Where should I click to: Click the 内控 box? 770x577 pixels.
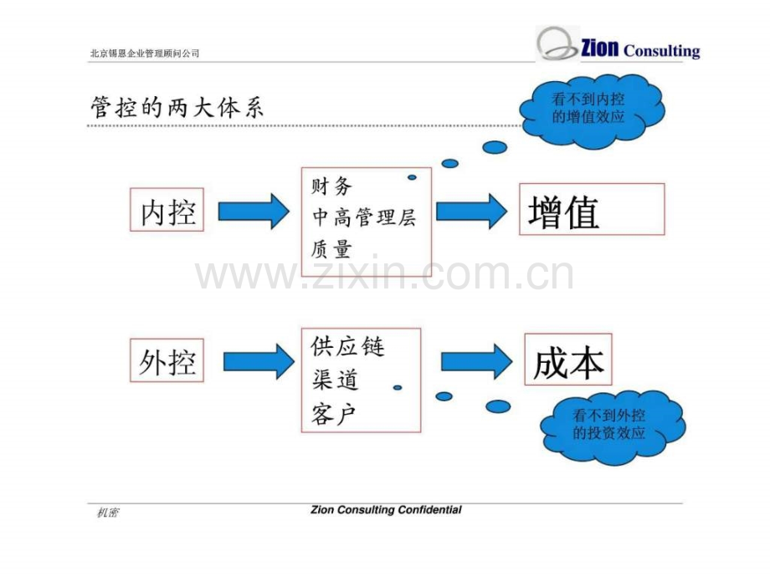tap(167, 210)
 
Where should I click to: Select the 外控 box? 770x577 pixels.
tap(167, 360)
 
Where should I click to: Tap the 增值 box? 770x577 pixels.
tap(592, 210)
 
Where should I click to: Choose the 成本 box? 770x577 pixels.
tap(568, 360)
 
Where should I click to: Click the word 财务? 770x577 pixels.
tap(331, 186)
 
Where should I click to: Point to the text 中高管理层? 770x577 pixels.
tap(364, 217)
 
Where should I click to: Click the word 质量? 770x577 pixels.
tap(331, 248)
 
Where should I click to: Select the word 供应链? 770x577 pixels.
tap(347, 346)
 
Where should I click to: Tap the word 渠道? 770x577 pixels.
tap(335, 380)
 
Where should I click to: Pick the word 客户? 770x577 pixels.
tap(333, 414)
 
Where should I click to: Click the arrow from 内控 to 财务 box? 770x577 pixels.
tap(254, 212)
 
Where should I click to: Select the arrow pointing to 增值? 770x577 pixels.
tap(471, 212)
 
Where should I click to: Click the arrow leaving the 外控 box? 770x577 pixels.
tap(259, 361)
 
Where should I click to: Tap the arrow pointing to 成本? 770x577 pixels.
tap(476, 361)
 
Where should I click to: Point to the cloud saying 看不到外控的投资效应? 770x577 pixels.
tap(613, 426)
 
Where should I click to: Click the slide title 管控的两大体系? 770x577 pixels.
tap(177, 107)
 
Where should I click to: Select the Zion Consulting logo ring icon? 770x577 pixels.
tap(557, 44)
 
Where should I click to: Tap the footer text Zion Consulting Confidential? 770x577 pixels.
tap(386, 510)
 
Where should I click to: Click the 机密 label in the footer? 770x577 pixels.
tap(107, 513)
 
